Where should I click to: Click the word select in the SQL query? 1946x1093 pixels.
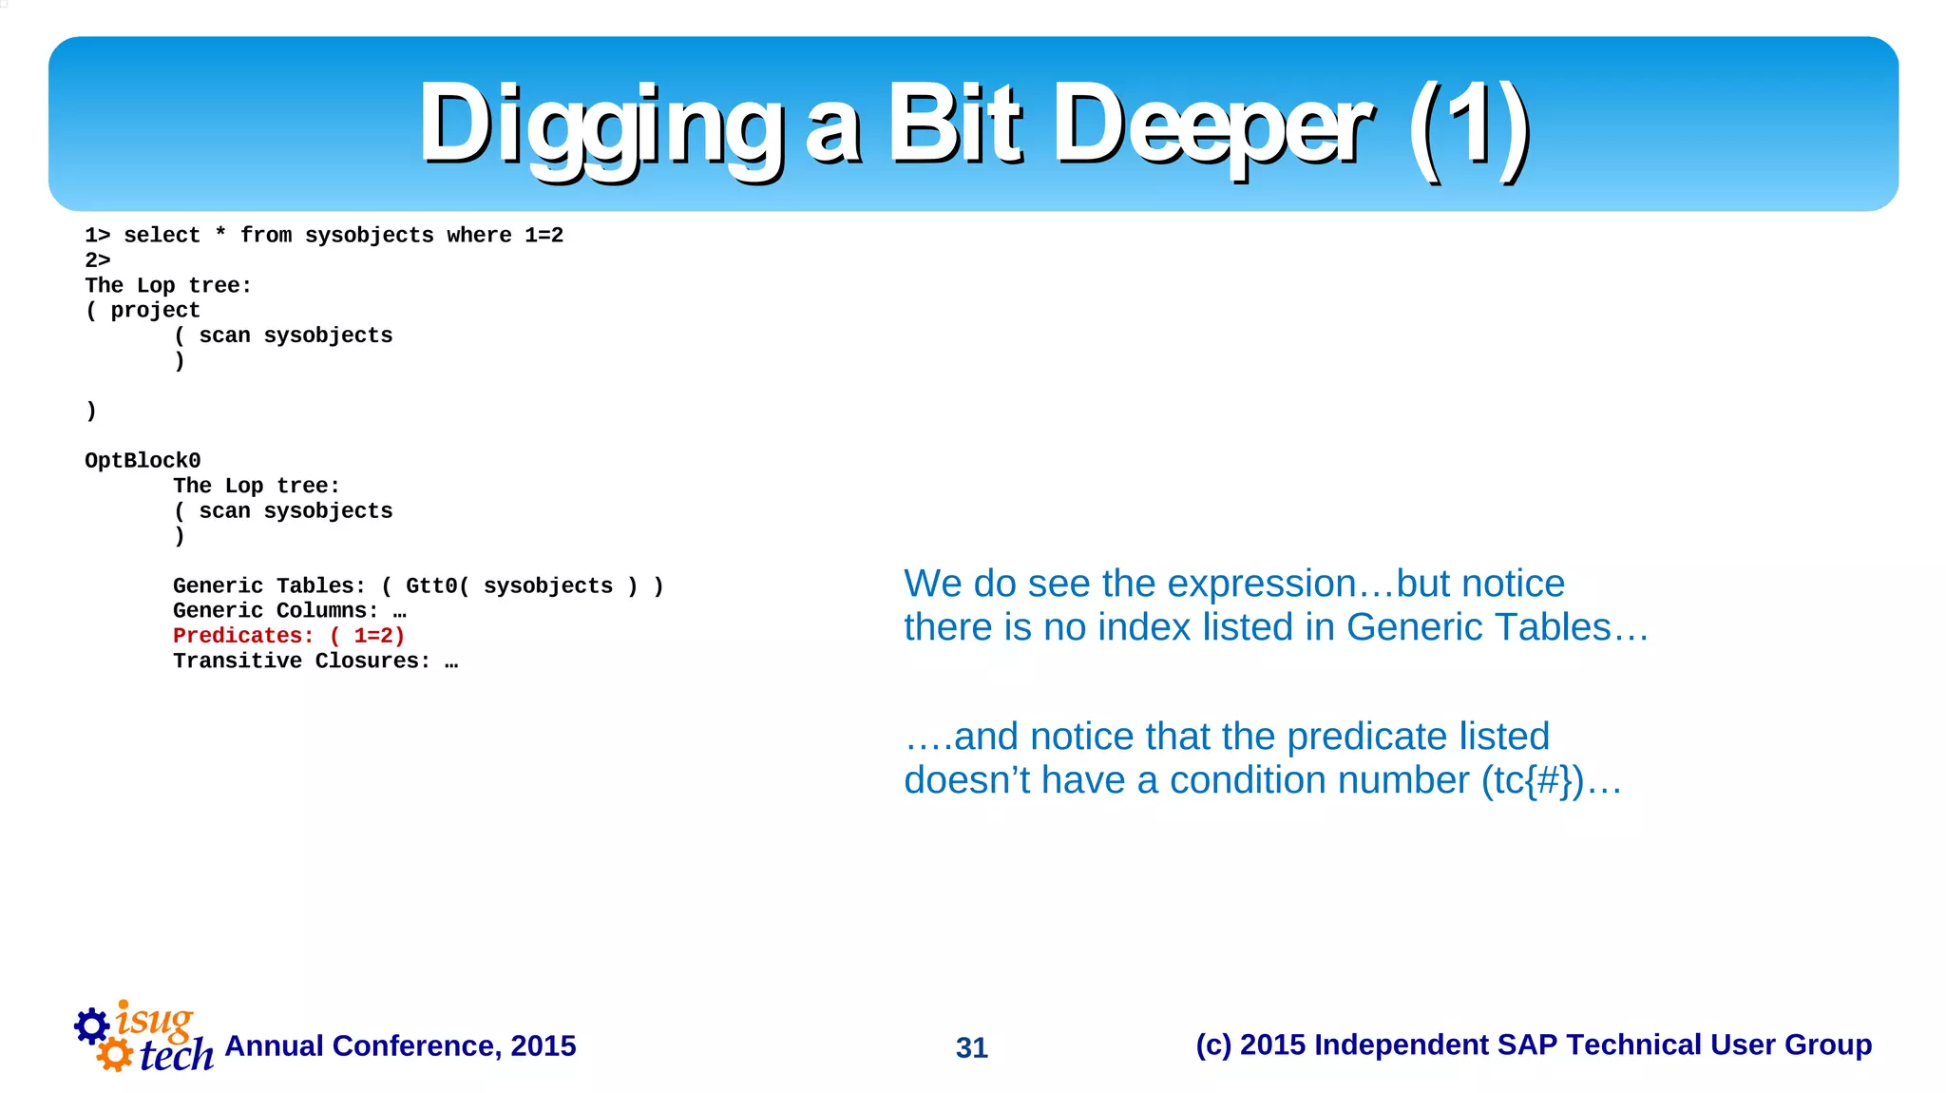(162, 236)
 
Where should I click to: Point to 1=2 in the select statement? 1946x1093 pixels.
(544, 236)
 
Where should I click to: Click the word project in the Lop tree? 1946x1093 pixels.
(155, 311)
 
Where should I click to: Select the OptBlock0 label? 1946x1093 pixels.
(143, 461)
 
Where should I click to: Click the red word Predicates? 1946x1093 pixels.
(243, 636)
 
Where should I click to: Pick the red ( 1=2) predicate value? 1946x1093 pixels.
(368, 636)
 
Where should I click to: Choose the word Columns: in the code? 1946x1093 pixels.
(328, 611)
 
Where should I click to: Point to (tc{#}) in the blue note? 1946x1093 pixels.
(1533, 780)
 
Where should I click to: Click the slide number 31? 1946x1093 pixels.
(972, 1047)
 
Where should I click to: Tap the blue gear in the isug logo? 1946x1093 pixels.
(92, 1026)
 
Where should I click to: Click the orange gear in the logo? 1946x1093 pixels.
(115, 1054)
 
